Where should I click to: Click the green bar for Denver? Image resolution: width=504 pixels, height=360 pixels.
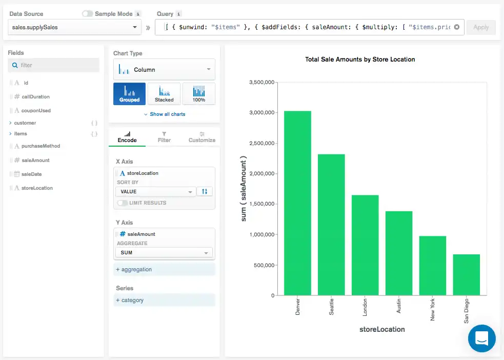[x=297, y=203]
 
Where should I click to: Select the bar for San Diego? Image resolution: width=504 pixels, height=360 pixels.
[x=466, y=275]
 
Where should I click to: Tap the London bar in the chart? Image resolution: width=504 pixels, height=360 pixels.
[x=365, y=245]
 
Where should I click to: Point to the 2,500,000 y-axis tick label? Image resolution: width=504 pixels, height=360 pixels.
[x=263, y=143]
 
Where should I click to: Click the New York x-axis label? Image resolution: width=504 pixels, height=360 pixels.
[x=433, y=310]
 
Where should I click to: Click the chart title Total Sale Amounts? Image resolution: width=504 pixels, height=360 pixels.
[x=360, y=59]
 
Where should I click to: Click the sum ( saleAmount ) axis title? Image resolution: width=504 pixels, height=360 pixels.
[x=244, y=189]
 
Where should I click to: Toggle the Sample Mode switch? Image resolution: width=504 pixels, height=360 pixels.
[x=87, y=14]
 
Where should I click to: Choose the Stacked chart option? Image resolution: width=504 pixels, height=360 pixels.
[x=164, y=94]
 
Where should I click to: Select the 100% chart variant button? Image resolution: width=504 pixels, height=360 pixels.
[x=198, y=94]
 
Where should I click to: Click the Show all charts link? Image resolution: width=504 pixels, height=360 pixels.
[x=165, y=114]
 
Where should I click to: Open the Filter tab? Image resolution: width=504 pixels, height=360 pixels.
[x=164, y=136]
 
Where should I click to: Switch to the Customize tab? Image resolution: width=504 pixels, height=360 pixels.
[x=201, y=136]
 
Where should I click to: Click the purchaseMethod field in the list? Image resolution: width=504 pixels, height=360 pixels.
[x=41, y=146]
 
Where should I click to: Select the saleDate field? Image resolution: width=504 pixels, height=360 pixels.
[x=31, y=174]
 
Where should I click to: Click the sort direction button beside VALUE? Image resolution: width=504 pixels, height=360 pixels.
[x=205, y=191]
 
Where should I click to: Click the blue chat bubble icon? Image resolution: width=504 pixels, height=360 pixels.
[x=481, y=338]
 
